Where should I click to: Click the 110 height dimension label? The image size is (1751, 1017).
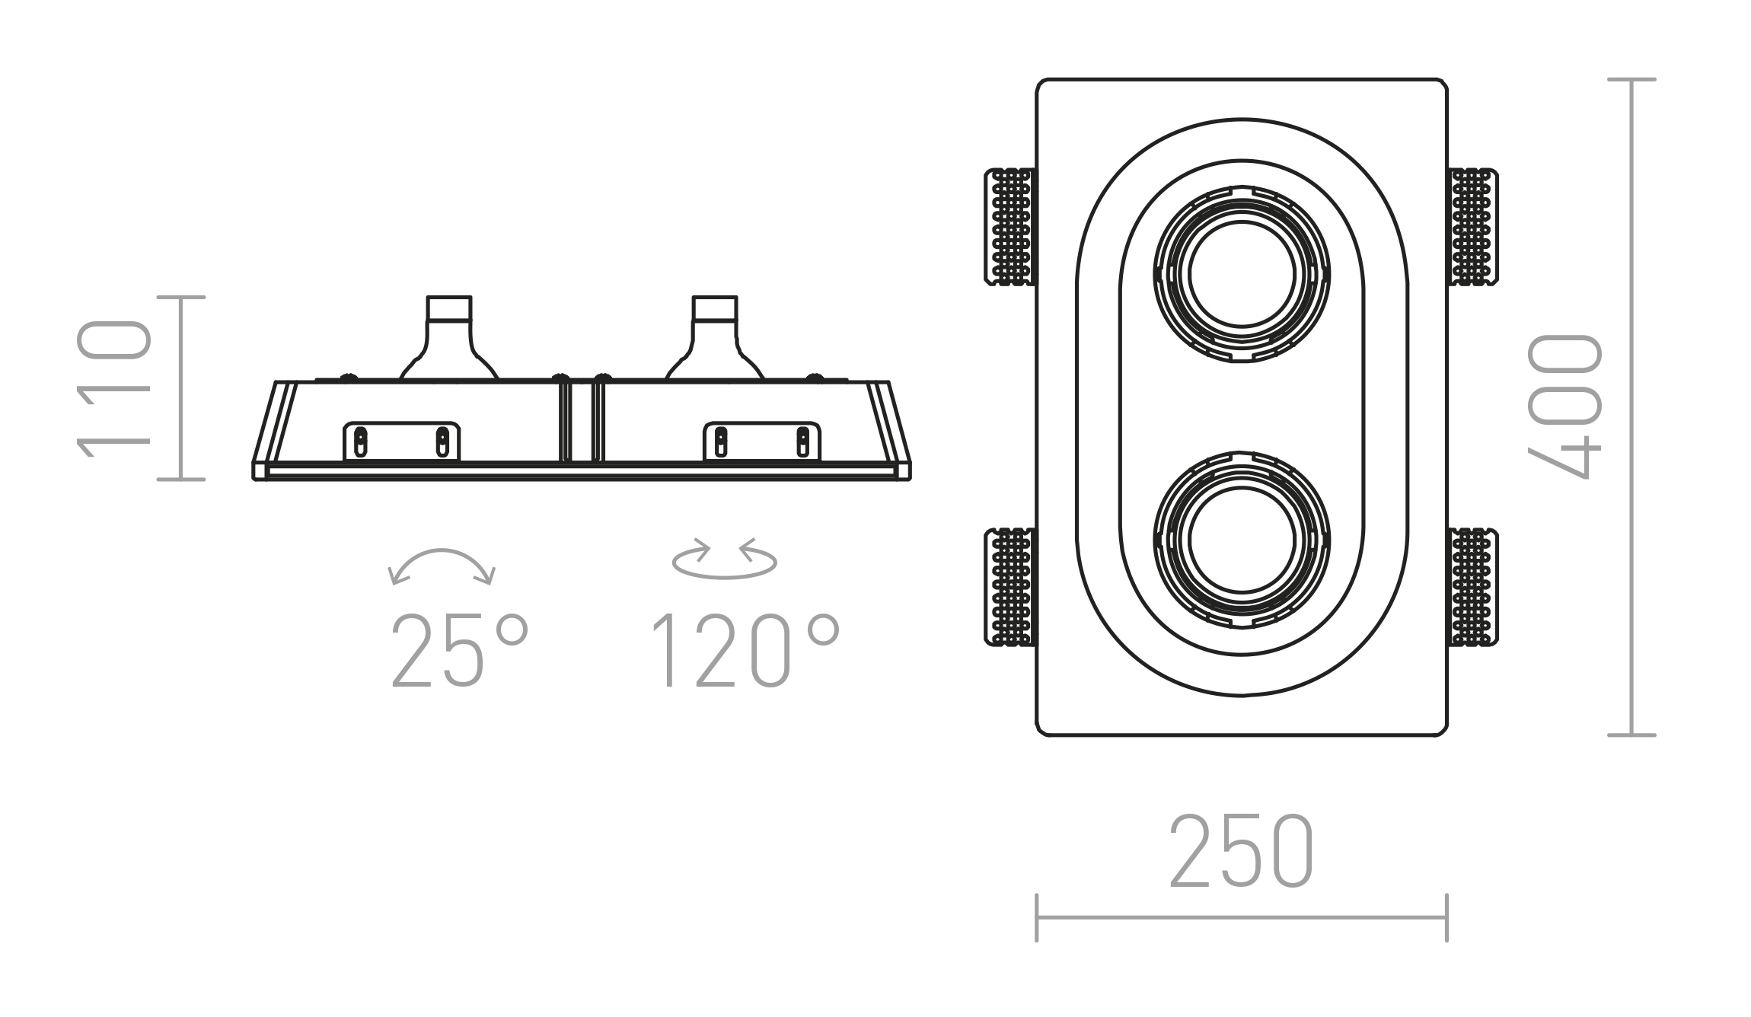point(114,388)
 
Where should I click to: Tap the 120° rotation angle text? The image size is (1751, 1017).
point(745,651)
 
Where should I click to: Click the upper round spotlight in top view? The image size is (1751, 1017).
point(1242,274)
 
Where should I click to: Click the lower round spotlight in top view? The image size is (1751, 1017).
point(1242,540)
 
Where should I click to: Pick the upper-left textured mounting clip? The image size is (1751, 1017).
point(1010,227)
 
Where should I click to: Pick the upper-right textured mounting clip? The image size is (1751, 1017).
point(1473,227)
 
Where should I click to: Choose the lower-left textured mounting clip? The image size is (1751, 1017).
point(1010,587)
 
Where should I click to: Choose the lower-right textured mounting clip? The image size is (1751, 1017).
point(1473,587)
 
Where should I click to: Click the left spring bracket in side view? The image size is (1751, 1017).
point(401,442)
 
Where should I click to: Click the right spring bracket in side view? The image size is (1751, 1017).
point(761,442)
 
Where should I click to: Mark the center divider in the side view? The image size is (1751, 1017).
point(582,422)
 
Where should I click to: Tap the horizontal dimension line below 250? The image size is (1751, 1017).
point(1241,917)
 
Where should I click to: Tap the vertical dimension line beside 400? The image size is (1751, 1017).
point(1631,407)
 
